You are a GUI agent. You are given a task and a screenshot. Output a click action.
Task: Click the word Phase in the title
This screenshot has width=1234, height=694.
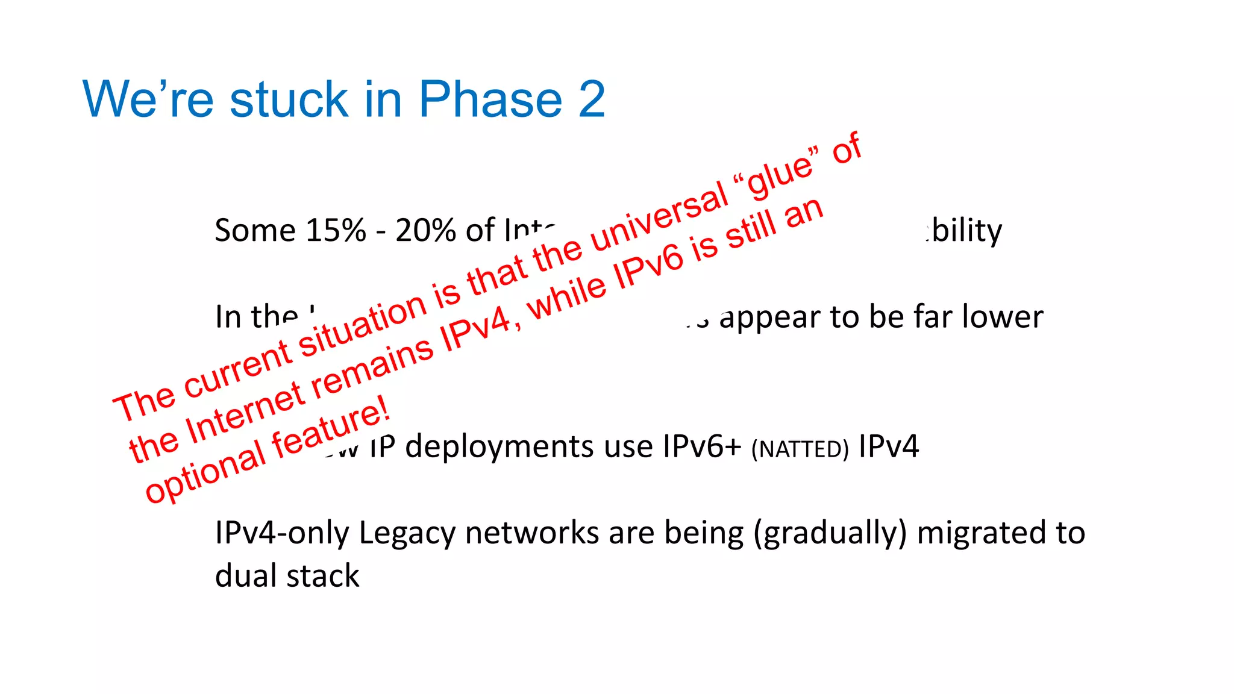(x=490, y=99)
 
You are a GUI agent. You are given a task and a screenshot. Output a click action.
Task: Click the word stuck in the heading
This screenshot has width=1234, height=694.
(x=289, y=99)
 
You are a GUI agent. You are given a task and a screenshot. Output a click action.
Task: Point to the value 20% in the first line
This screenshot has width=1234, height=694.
(x=425, y=231)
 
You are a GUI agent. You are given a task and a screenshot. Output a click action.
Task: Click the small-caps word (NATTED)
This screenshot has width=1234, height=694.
(x=800, y=449)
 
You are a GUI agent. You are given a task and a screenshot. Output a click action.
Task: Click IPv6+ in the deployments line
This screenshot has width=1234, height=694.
(x=701, y=447)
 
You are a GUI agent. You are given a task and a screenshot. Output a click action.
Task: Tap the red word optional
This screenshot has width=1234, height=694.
(x=205, y=473)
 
